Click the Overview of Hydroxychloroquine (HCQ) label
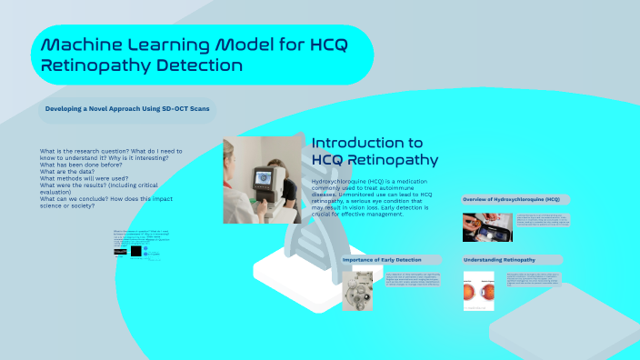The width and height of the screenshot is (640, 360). (x=510, y=198)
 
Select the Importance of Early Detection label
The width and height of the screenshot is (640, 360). (x=382, y=260)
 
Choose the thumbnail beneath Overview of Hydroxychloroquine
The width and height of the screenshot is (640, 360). (x=481, y=226)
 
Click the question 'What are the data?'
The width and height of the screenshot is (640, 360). (x=71, y=172)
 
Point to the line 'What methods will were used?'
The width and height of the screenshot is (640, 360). (x=85, y=179)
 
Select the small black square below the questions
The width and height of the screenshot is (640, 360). (x=136, y=250)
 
